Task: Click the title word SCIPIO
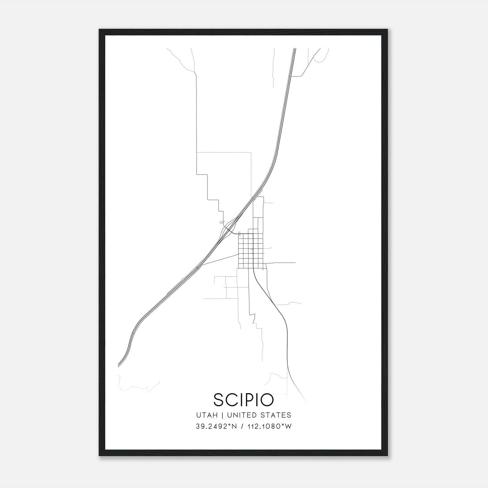244,400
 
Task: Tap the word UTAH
207,415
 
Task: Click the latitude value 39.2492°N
216,426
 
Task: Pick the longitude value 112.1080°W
269,426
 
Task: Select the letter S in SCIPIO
219,400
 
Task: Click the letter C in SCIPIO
231,400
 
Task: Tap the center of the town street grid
251,251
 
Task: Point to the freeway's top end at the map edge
295,49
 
